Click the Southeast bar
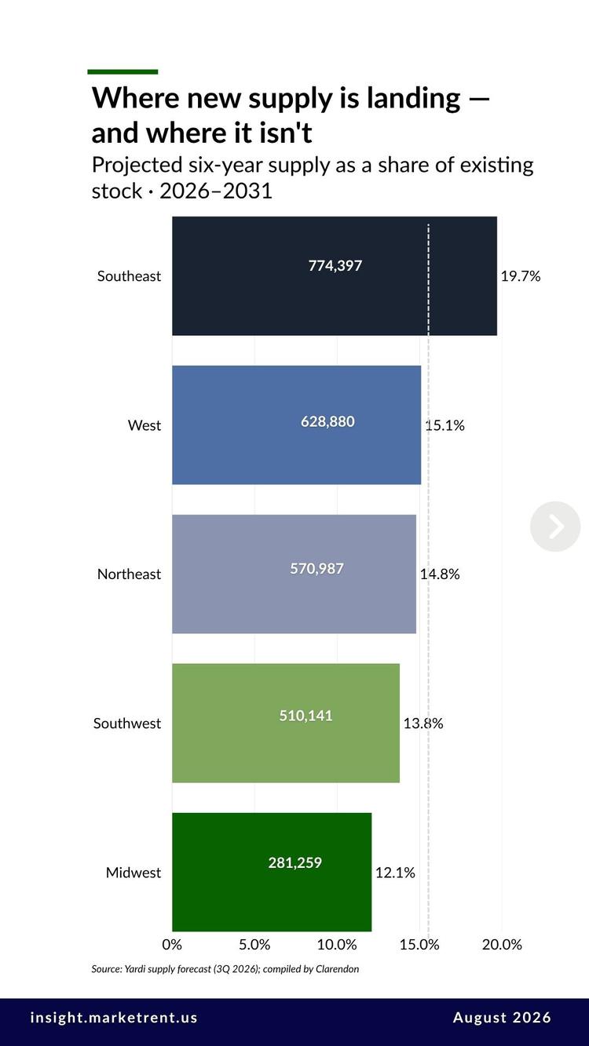pos(335,275)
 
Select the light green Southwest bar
pos(286,723)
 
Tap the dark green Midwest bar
pos(272,872)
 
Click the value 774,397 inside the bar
pos(335,266)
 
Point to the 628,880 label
pos(327,421)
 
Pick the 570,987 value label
pos(317,568)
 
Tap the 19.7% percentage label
pos(520,276)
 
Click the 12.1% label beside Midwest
pos(395,873)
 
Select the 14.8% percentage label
pos(440,574)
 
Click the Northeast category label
pos(129,574)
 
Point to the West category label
pos(145,425)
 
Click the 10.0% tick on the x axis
pos(337,944)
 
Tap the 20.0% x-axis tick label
pos(502,944)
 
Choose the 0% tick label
pos(172,944)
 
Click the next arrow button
pos(555,527)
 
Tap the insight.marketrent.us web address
pos(114,1018)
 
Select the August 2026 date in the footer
pos(502,1018)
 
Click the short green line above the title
pos(123,72)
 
